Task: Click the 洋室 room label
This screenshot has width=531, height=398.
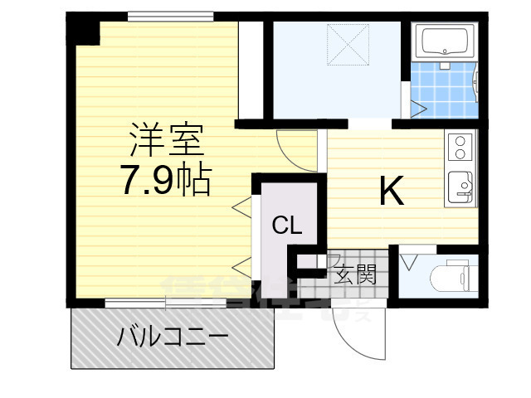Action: (166, 140)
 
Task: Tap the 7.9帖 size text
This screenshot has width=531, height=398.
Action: (166, 180)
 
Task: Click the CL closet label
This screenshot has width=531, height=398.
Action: (288, 225)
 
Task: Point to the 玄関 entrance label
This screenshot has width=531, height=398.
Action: (356, 274)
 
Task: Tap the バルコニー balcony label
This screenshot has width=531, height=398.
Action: (173, 337)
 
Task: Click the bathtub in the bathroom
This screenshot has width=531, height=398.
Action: (446, 41)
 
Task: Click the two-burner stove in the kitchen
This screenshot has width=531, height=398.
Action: (460, 148)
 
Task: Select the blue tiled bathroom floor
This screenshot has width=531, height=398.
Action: (444, 91)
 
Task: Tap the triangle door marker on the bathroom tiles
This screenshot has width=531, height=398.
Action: (417, 109)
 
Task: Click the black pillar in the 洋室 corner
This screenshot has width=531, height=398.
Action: (82, 30)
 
